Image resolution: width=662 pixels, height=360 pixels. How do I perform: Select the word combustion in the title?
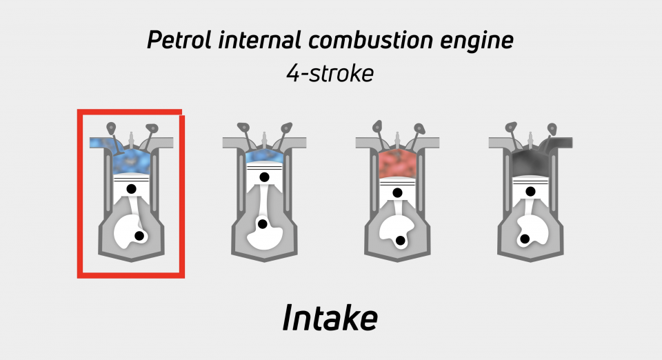pyautogui.click(x=371, y=41)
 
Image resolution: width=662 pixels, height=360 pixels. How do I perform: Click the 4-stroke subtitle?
pyautogui.click(x=330, y=73)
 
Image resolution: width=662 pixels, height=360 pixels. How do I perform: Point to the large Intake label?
pyautogui.click(x=330, y=318)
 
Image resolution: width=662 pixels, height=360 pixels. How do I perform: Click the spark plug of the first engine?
pyautogui.click(x=131, y=139)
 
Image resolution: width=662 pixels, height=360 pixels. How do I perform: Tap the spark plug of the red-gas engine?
pyautogui.click(x=397, y=139)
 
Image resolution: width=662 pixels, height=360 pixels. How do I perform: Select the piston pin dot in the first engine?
pyautogui.click(x=131, y=189)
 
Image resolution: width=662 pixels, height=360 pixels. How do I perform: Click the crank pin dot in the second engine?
pyautogui.click(x=262, y=223)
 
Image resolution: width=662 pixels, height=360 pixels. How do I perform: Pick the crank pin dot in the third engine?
pyautogui.click(x=400, y=241)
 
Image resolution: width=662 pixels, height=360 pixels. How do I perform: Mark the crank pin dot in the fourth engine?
pyautogui.click(x=525, y=239)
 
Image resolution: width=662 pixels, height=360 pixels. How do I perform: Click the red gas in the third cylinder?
pyautogui.click(x=397, y=165)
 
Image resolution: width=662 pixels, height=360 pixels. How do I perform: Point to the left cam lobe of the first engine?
pyautogui.click(x=111, y=128)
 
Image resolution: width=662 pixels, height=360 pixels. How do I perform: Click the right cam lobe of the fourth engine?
pyautogui.click(x=552, y=128)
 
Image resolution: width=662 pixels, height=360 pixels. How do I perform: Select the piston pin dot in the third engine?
pyautogui.click(x=397, y=193)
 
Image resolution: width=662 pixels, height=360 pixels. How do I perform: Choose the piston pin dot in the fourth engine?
pyautogui.click(x=530, y=191)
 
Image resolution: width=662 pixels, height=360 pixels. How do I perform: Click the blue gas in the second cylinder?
pyautogui.click(x=264, y=156)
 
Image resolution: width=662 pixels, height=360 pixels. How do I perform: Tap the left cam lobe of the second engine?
pyautogui.click(x=243, y=127)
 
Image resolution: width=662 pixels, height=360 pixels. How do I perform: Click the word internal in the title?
pyautogui.click(x=259, y=41)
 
